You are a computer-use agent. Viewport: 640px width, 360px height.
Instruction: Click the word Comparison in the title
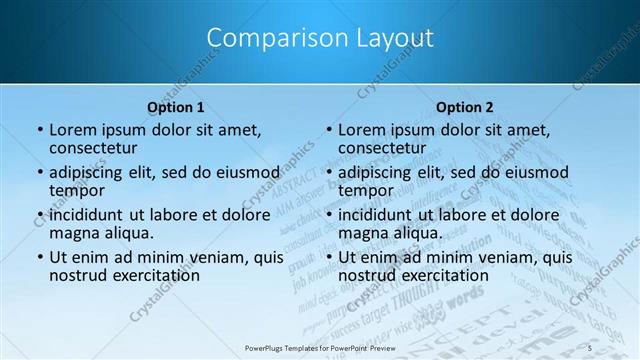[267, 38]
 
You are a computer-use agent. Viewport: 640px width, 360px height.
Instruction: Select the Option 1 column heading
[176, 107]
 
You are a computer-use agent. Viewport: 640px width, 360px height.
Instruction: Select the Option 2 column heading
[464, 107]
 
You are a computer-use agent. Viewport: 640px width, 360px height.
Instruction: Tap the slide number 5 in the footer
[591, 347]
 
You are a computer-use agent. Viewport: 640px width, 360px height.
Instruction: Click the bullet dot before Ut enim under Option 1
[39, 258]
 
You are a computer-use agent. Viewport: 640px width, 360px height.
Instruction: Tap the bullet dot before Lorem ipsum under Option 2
[328, 130]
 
